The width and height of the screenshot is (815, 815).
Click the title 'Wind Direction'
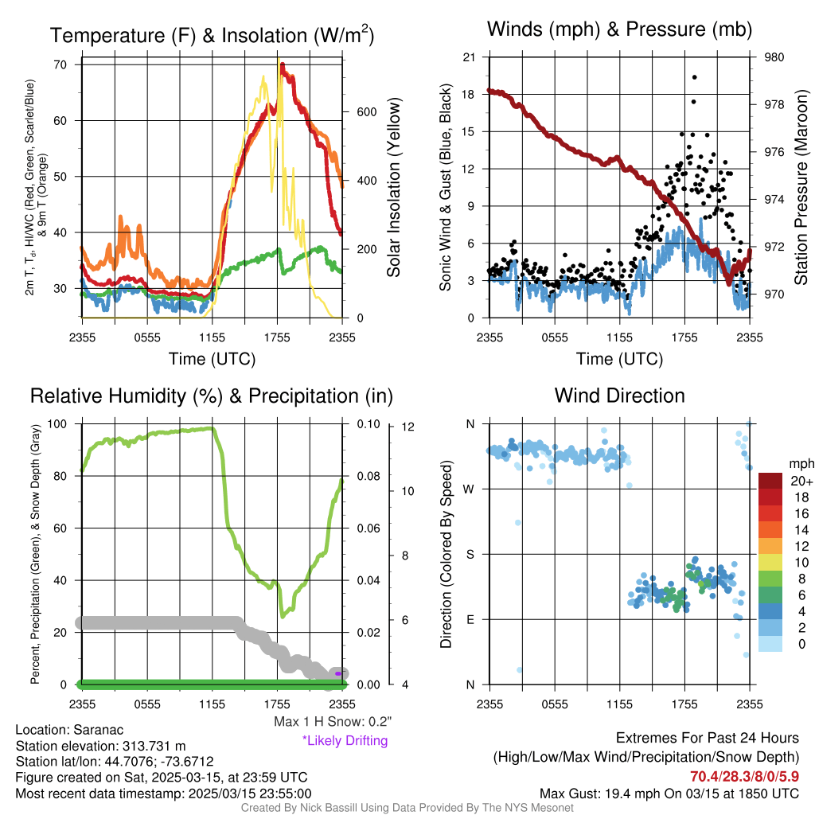[x=619, y=396]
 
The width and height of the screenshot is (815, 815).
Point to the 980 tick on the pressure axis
[x=774, y=57]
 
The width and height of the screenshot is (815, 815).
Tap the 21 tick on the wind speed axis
[x=469, y=57]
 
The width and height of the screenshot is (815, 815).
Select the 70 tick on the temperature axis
[x=60, y=64]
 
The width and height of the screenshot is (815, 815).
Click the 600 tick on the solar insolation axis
[x=365, y=112]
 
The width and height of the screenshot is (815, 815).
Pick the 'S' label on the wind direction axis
[x=469, y=554]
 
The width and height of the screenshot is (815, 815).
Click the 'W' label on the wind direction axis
[x=469, y=489]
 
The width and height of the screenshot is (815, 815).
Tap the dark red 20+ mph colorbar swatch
[x=770, y=482]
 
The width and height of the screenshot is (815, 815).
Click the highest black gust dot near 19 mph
[x=694, y=77]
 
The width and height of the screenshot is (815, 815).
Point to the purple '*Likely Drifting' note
[x=345, y=740]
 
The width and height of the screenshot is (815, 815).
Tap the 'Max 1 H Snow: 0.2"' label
[x=332, y=722]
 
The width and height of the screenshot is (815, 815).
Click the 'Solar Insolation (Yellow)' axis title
[x=394, y=187]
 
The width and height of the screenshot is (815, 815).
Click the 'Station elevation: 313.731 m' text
[x=100, y=746]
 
